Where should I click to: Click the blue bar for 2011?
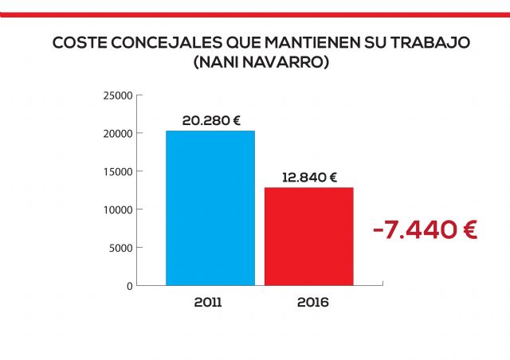coord(210,207)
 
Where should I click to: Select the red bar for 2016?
coord(309,236)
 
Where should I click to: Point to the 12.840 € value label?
coord(309,178)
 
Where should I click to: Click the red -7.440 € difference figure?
coord(425,231)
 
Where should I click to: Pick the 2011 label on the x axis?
coord(208,303)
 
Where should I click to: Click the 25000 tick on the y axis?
coord(118,96)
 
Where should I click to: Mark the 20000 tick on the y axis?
coord(118,134)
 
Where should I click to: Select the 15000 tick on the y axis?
coord(118,171)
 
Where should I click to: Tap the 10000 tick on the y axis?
coord(118,209)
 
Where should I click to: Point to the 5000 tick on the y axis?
coord(120,248)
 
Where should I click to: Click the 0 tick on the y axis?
coord(129,285)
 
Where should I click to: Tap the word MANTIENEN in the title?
coord(301,43)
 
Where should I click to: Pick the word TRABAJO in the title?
coord(422,43)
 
